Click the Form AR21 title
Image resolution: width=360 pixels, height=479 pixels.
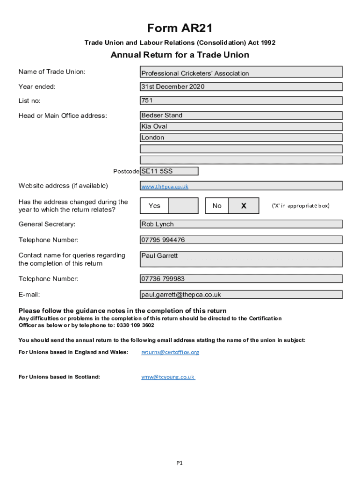pyautogui.click(x=180, y=29)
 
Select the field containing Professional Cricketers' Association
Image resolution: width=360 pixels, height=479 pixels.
pyautogui.click(x=241, y=72)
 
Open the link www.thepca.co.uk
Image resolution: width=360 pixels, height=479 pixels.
pyautogui.click(x=165, y=187)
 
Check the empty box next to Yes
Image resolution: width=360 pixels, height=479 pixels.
pyautogui.click(x=183, y=206)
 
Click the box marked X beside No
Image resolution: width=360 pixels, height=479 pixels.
pyautogui.click(x=244, y=206)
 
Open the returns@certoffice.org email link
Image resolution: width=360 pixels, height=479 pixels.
pyautogui.click(x=170, y=352)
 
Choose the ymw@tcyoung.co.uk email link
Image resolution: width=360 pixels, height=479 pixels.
pyautogui.click(x=168, y=377)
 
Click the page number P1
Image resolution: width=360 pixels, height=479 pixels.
pyautogui.click(x=180, y=464)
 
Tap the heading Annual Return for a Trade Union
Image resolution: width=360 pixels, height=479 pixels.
pyautogui.click(x=180, y=55)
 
